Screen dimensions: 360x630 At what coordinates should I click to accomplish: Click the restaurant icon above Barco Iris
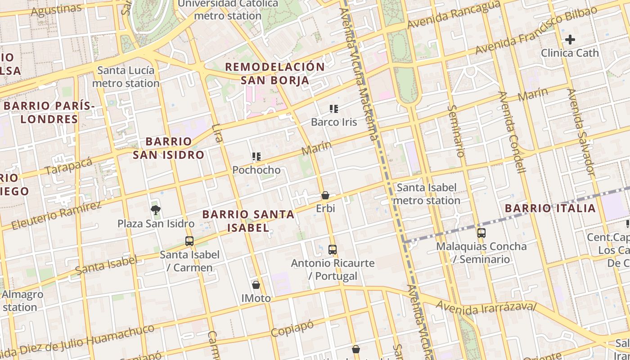[333, 108]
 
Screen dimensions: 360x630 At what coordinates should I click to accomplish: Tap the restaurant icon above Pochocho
[256, 157]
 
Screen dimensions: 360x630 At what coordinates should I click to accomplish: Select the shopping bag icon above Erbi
[325, 195]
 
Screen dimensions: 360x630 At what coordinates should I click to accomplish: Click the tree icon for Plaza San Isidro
[156, 210]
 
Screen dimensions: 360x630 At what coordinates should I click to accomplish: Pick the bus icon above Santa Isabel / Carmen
[189, 241]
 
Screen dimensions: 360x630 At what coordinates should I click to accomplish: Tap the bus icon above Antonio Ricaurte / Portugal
[333, 249]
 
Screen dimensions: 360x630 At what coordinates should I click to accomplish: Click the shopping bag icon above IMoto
[256, 284]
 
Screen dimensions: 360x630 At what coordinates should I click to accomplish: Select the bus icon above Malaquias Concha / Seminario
[481, 233]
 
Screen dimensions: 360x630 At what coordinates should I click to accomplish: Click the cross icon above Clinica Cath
[570, 40]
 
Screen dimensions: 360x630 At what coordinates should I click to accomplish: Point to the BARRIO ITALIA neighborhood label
[550, 208]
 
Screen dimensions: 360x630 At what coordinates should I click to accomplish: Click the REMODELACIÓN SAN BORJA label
[274, 74]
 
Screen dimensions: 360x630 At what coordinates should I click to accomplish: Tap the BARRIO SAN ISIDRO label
[169, 148]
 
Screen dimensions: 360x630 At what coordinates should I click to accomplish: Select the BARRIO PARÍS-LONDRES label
[49, 112]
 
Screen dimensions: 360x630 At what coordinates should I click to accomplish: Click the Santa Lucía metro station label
[126, 77]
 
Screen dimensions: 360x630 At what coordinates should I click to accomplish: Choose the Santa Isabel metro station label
[427, 194]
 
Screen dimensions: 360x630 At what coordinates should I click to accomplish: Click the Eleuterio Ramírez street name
[56, 216]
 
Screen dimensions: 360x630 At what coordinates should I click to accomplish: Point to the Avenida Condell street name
[512, 132]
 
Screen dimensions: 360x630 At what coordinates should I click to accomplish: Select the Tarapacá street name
[68, 166]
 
